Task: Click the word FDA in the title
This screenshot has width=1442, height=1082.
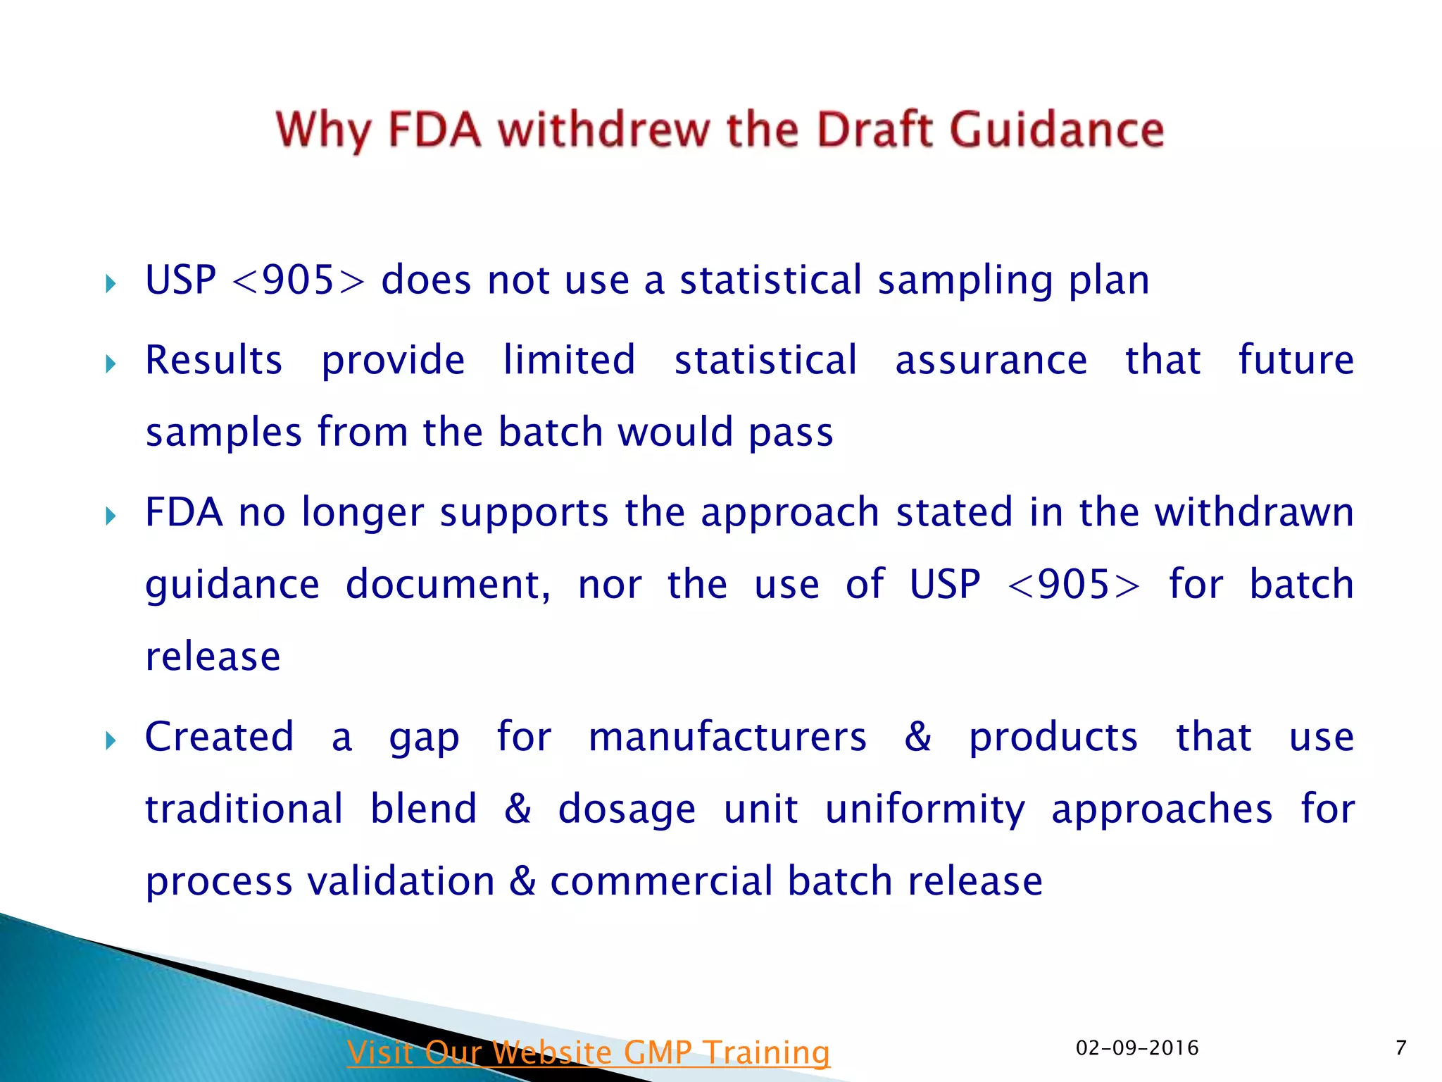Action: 434,130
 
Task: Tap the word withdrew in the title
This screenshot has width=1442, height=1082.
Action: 604,130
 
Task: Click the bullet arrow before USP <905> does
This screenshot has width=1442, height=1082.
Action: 111,284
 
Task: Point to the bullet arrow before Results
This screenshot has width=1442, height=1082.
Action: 111,364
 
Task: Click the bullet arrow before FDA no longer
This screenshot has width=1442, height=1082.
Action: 111,516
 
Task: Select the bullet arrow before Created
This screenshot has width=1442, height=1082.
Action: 111,740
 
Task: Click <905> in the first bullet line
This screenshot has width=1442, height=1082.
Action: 299,280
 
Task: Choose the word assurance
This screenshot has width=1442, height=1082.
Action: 991,361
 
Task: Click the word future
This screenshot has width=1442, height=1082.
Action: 1296,361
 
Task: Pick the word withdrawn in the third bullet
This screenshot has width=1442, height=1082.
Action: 1254,512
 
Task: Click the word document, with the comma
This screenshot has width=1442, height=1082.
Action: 448,585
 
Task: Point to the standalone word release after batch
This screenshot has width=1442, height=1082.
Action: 213,657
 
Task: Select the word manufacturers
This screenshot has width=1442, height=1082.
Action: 727,738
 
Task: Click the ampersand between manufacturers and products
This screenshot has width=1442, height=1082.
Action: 917,738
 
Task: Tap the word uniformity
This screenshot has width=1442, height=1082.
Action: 924,810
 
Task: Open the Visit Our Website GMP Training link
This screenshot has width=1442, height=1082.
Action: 589,1052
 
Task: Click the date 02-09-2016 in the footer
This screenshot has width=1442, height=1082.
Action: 1136,1048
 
